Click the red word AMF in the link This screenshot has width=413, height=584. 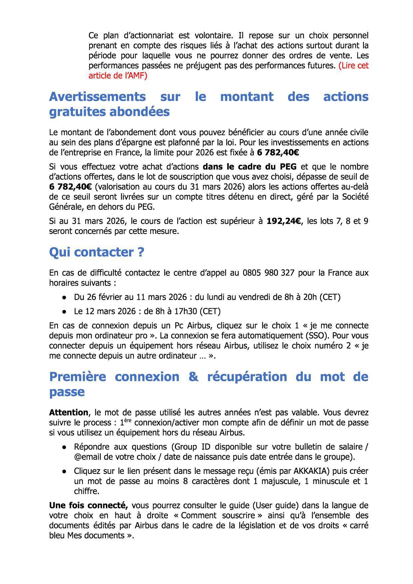pos(137,76)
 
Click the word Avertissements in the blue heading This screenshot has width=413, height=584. pos(97,97)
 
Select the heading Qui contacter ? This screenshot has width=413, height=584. pos(97,252)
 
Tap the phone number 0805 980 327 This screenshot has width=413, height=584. pos(268,273)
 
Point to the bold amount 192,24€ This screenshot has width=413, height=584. pos(284,221)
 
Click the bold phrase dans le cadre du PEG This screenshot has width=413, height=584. pos(249,166)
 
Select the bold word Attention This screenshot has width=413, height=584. pos(69,413)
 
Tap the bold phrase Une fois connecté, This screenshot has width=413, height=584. pos(89,505)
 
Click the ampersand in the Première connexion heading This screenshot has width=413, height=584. pos(193,377)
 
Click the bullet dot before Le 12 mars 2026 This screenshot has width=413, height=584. pos(64,312)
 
